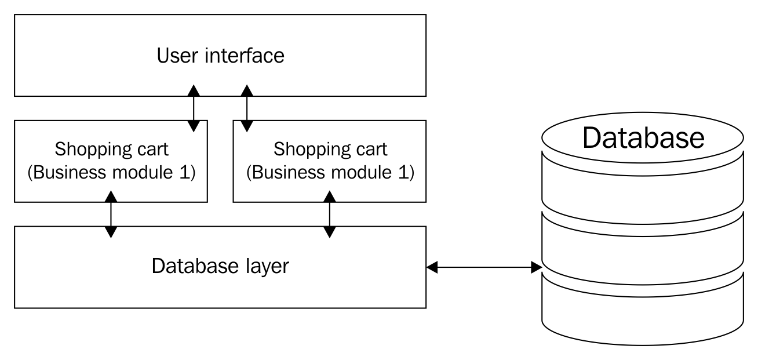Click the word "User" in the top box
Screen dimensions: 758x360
coord(177,56)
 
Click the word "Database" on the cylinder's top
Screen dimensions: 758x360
coord(643,137)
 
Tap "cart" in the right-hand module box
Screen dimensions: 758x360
coord(373,150)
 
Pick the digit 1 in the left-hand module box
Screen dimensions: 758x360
coord(185,172)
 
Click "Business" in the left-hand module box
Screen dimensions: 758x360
coord(69,172)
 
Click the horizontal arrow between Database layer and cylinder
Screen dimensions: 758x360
coord(484,267)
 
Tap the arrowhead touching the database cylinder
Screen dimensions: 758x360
coord(537,267)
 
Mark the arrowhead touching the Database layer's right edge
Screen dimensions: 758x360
coord(432,267)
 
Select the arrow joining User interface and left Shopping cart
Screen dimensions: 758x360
coord(194,108)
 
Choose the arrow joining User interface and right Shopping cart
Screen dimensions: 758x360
coord(247,108)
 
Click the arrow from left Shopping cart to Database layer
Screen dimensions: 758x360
coord(111,214)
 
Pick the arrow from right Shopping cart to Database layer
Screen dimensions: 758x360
coord(330,214)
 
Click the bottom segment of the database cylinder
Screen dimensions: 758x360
coord(643,315)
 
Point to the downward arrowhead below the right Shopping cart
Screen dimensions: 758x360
coord(330,232)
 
